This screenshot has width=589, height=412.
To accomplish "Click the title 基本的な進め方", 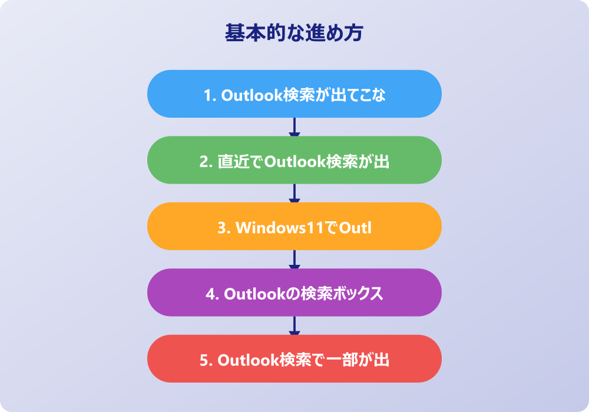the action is (x=294, y=32).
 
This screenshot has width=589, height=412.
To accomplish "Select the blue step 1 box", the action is (x=294, y=94).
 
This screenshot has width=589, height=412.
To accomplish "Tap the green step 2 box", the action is (x=294, y=160).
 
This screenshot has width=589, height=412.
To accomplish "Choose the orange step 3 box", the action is (x=294, y=226).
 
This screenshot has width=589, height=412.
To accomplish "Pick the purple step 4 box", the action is (x=294, y=293).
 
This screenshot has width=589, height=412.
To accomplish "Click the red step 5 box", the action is (x=294, y=358).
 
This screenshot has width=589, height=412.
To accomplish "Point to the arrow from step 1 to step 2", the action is (x=294, y=127).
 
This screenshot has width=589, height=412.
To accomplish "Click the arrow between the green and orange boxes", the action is (x=294, y=193).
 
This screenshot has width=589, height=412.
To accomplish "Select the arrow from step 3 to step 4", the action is (x=294, y=260).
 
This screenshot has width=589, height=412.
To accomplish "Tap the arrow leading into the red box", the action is (x=294, y=325).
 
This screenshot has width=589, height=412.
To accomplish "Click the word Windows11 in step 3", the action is (x=279, y=228).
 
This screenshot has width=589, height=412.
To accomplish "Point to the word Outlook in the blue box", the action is (x=252, y=95).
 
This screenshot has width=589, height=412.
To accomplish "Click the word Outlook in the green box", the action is (x=295, y=162).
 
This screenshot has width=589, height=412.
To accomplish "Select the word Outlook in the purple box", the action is (x=254, y=294).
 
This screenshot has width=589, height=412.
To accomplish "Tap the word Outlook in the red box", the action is (x=249, y=360).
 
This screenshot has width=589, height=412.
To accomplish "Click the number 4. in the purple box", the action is (x=213, y=294).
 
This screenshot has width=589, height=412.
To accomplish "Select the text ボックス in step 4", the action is (x=358, y=294).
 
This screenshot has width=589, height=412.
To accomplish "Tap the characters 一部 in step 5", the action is (x=342, y=360).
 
